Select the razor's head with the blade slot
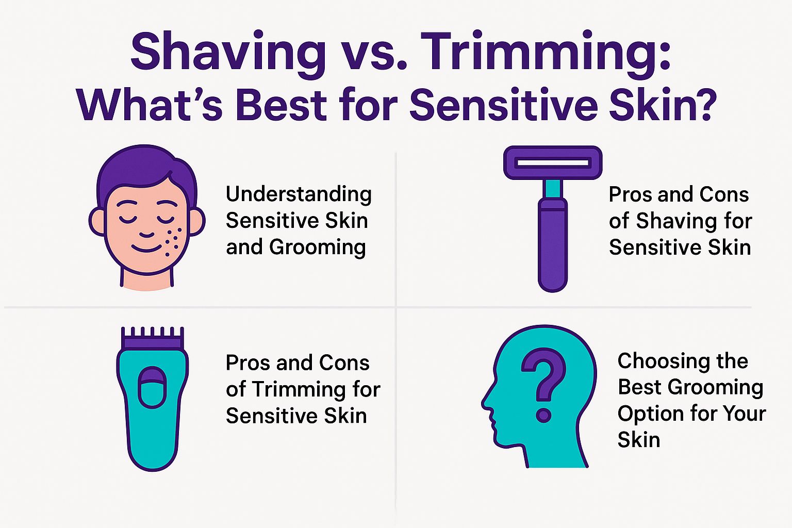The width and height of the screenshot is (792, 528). tap(553, 163)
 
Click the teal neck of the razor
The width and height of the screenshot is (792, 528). tap(552, 189)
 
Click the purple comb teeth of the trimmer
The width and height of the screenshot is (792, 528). tap(153, 338)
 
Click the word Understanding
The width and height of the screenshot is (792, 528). tap(299, 194)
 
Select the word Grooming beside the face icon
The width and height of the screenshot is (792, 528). tap(317, 247)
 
